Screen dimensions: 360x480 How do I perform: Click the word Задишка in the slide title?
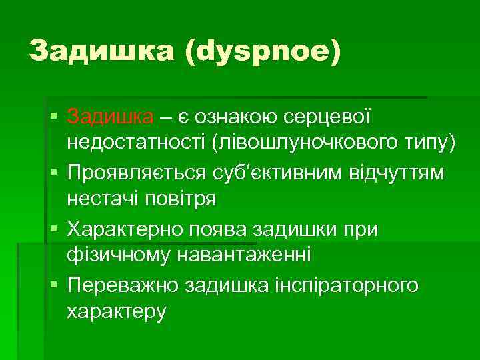coord(100,51)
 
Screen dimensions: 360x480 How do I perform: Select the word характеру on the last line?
coord(116,311)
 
